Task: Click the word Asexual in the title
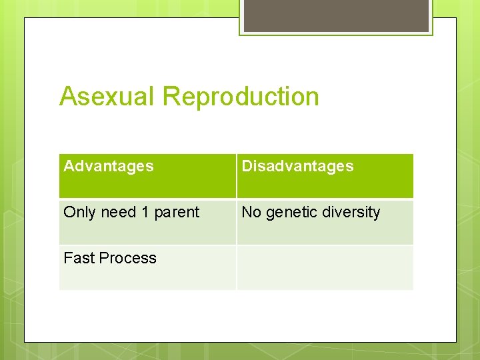coord(108,97)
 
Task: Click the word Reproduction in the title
coord(241,97)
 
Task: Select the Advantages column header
coord(109,166)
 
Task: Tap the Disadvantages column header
coord(297,166)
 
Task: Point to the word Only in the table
coord(80,212)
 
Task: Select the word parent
coord(177,213)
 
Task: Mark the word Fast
coord(78,258)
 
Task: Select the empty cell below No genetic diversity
coord(325,267)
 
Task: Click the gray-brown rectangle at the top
coord(336,15)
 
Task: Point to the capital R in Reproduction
coord(171,97)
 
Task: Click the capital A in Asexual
coord(68,97)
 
